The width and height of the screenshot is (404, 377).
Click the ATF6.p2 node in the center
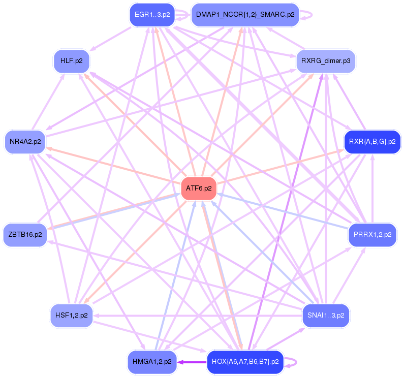click(199, 188)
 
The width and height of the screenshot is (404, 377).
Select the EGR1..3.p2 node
click(152, 15)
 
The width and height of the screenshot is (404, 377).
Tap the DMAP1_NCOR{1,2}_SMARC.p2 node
click(245, 15)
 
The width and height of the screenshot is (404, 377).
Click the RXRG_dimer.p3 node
click(325, 61)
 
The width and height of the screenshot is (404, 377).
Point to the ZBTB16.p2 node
click(25, 235)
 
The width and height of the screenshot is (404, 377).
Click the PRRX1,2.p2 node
click(372, 235)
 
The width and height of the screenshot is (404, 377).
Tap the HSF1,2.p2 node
click(71, 315)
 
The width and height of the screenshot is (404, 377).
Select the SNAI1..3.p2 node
click(326, 315)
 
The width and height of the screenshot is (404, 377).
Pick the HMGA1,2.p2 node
click(152, 362)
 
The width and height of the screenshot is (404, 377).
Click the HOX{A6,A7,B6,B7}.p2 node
click(245, 362)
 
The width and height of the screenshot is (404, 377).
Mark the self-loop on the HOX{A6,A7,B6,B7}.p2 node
click(295, 362)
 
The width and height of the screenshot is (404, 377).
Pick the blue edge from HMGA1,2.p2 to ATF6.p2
click(176, 274)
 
